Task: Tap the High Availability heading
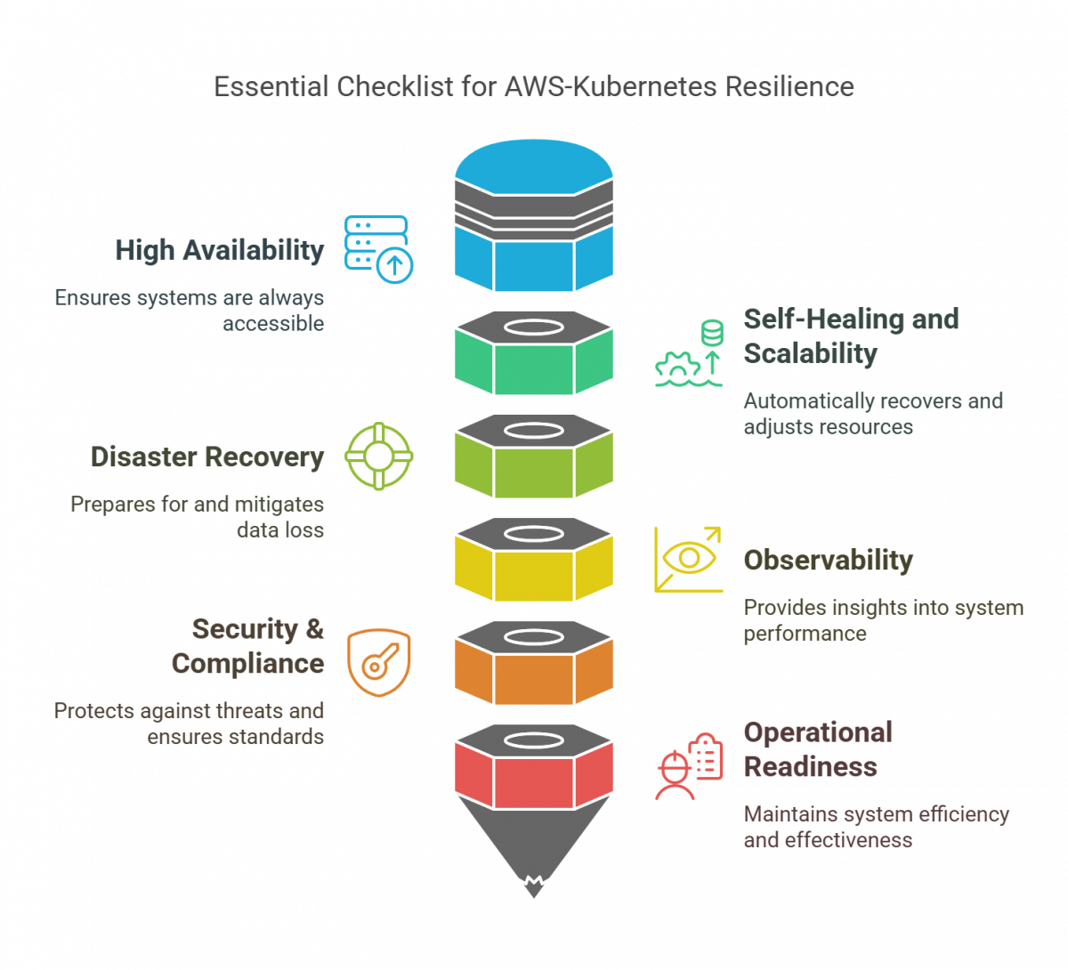[219, 250]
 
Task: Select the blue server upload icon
[378, 248]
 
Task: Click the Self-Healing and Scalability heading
[850, 335]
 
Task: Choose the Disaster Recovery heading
[206, 457]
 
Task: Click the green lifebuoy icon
[379, 457]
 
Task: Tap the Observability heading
[828, 561]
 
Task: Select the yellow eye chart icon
[688, 559]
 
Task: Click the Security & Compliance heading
[247, 646]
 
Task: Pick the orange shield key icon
[379, 662]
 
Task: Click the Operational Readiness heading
[817, 749]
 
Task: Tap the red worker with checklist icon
[690, 766]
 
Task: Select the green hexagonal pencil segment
[533, 369]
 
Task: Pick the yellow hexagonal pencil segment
[533, 575]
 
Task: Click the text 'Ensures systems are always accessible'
[189, 310]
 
